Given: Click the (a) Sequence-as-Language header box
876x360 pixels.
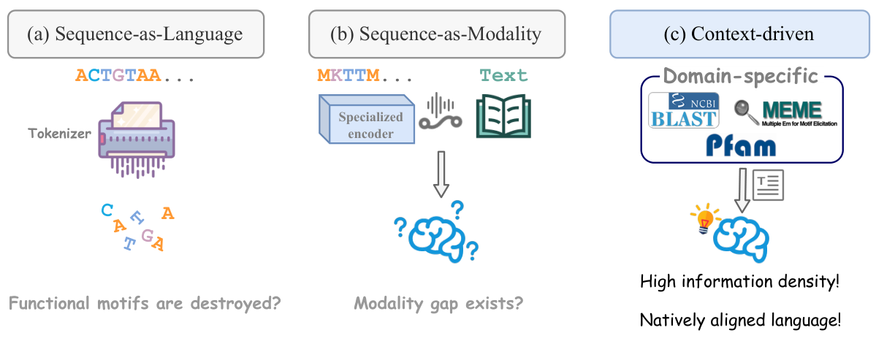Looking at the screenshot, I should [136, 34].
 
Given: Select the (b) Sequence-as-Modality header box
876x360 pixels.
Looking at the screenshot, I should [436, 34].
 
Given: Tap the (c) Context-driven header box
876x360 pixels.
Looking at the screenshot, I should [738, 34].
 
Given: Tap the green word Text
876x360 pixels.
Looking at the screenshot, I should [503, 75].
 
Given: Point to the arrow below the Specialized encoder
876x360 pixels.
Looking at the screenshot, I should [440, 176].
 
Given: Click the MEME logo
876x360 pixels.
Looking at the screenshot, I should [786, 113].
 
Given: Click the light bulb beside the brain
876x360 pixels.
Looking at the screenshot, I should [703, 218].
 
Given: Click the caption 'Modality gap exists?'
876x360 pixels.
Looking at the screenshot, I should [438, 303].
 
